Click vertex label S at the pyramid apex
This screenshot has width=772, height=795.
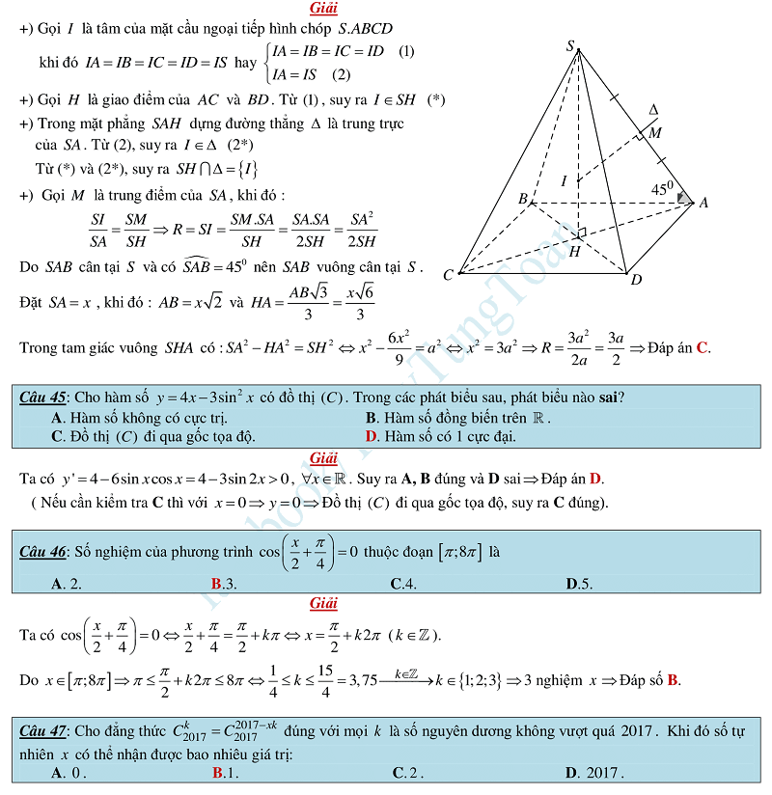click(570, 46)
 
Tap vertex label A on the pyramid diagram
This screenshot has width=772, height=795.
click(703, 202)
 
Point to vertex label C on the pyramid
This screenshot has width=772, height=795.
click(448, 275)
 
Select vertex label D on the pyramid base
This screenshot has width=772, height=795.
click(636, 280)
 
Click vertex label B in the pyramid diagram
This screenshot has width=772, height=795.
click(523, 199)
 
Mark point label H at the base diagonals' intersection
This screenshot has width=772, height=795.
click(574, 251)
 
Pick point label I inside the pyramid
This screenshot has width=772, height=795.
click(565, 180)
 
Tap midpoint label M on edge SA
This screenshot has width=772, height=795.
click(655, 132)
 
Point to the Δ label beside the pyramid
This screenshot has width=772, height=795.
click(653, 110)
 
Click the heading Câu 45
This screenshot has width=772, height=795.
click(42, 397)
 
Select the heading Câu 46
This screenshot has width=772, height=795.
click(42, 552)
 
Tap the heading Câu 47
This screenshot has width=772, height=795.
click(42, 731)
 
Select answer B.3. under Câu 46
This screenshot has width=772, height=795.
click(224, 583)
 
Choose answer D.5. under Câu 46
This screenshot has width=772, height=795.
click(579, 583)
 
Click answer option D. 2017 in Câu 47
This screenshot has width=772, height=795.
click(594, 773)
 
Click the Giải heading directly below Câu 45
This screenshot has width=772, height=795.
click(323, 457)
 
